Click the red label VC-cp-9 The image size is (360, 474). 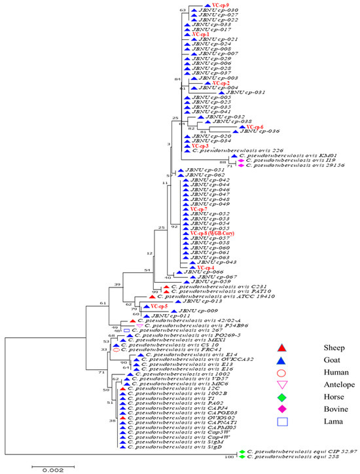pos(211,5)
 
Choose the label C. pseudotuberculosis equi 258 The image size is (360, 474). pos(281,457)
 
